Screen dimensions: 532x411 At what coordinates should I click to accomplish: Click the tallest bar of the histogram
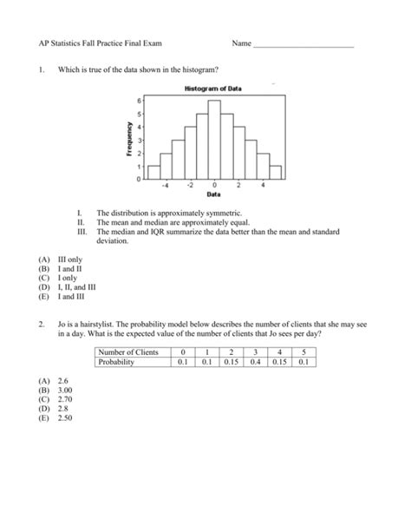point(213,139)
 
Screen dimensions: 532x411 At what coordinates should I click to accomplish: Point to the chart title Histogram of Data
point(212,89)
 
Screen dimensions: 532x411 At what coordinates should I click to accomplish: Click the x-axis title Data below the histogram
point(213,194)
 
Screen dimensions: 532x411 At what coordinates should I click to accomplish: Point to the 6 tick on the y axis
point(136,101)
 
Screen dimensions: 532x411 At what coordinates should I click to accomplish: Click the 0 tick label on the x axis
point(213,185)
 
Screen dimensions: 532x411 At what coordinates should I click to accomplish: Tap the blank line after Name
point(303,43)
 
